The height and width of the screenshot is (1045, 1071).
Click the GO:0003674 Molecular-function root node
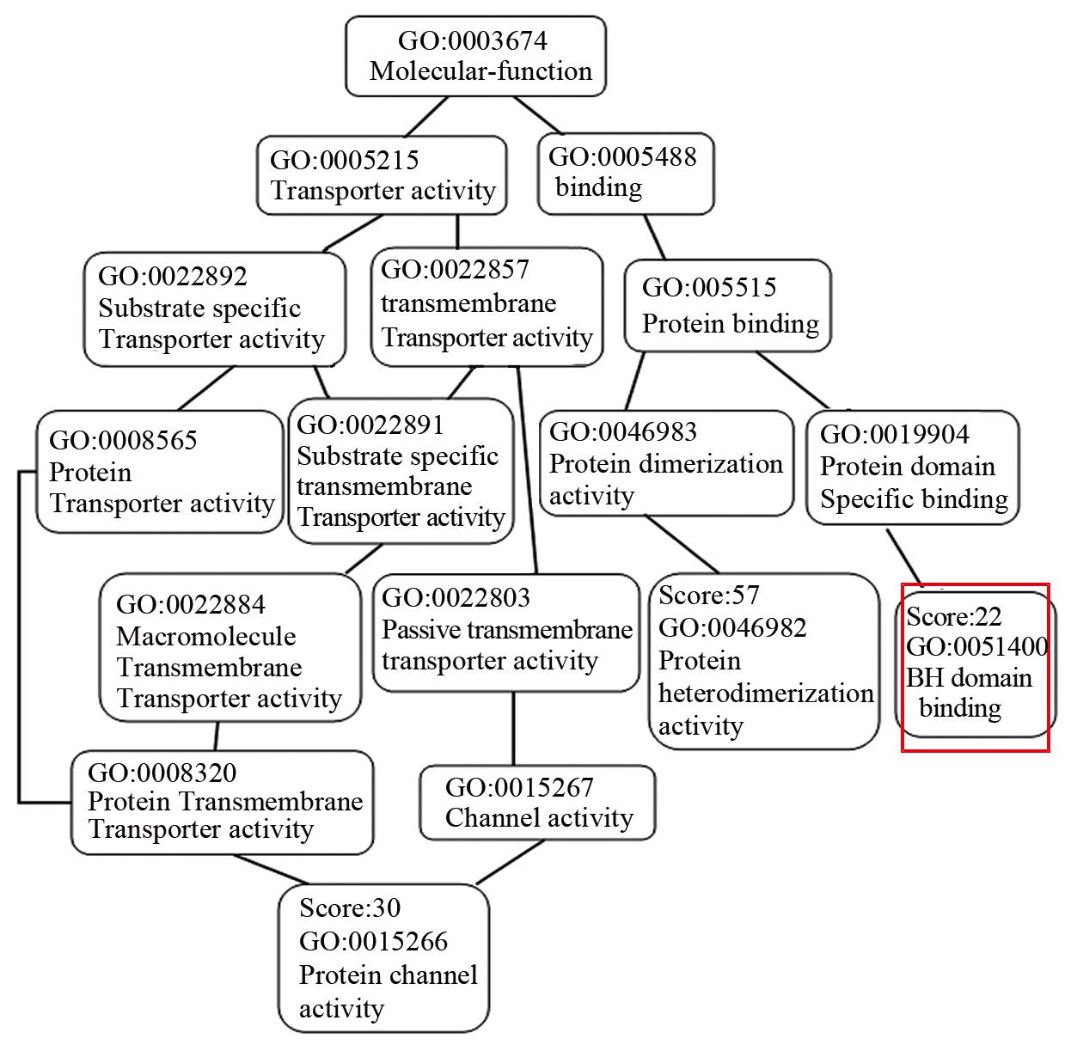click(475, 56)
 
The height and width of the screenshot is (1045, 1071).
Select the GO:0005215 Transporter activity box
click(382, 175)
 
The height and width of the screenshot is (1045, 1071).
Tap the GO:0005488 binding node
click(626, 173)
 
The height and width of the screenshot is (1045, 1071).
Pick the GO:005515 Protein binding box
click(727, 306)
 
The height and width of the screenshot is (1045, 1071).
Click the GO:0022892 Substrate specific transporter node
click(214, 309)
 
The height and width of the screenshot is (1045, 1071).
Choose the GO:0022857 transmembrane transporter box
click(487, 305)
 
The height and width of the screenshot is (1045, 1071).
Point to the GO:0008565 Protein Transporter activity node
click(160, 472)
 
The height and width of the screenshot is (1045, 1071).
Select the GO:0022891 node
click(401, 471)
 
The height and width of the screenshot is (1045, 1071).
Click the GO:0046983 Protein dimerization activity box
click(667, 463)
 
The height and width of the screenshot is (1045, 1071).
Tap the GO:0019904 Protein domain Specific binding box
click(912, 467)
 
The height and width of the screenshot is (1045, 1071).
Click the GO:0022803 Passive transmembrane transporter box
click(506, 632)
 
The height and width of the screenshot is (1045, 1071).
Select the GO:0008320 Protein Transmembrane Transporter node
click(222, 803)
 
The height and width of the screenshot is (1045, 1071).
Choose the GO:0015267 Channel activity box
click(537, 803)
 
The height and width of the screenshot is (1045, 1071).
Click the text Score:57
click(709, 595)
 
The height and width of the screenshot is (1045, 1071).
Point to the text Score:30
click(350, 907)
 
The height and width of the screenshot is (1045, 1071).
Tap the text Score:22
click(954, 616)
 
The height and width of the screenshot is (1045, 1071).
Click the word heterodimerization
click(766, 693)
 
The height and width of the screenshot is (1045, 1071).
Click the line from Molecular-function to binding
click(538, 115)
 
